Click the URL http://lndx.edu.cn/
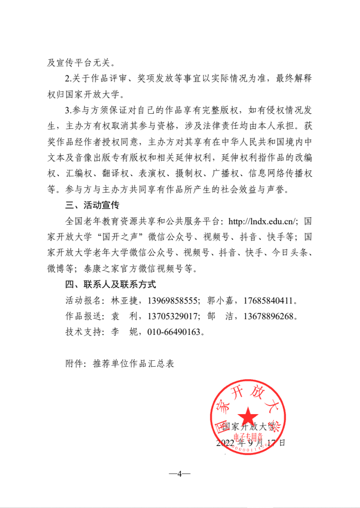[263, 221]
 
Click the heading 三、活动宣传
[91, 205]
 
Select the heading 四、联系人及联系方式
[110, 284]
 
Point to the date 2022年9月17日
[250, 443]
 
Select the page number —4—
[180, 474]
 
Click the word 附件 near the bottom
[72, 363]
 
